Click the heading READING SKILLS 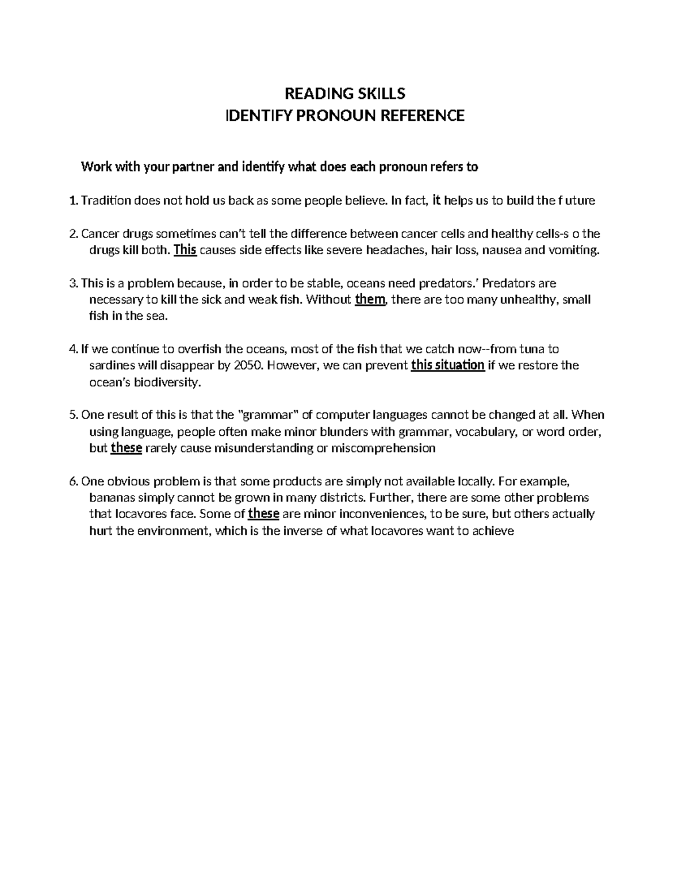point(345,93)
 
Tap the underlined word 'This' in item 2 point(185,250)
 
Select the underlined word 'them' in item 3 point(370,300)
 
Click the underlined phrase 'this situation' point(448,365)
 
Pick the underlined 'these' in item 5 point(126,448)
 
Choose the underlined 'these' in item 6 point(263,513)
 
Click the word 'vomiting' point(573,251)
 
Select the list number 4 point(72,349)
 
